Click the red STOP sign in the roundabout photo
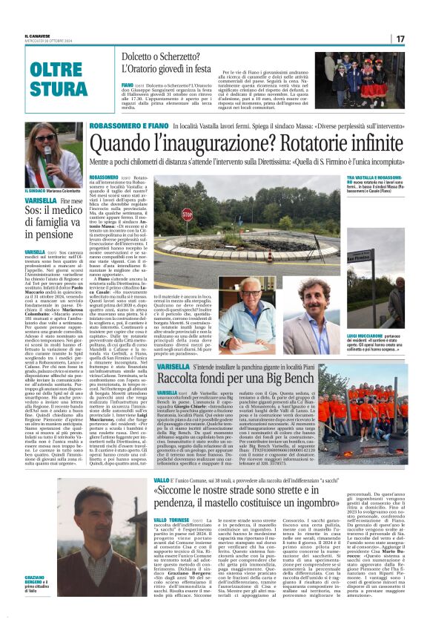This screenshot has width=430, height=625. click(x=188, y=215)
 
